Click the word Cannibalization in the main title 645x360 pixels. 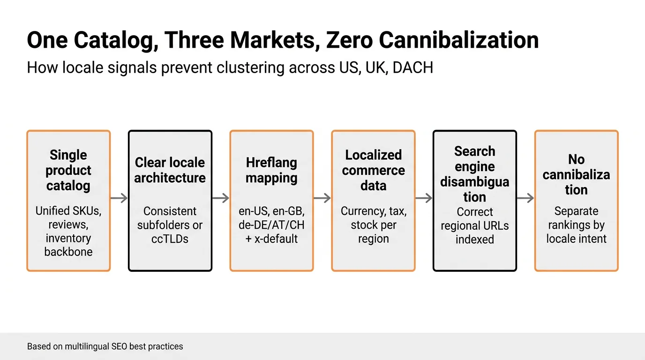[x=459, y=40]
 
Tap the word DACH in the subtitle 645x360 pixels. [x=412, y=67]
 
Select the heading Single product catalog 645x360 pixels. [x=68, y=170]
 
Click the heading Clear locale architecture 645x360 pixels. [x=170, y=170]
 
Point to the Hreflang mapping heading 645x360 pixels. [x=271, y=170]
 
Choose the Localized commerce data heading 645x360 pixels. [x=373, y=170]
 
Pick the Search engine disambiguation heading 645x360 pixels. [x=474, y=174]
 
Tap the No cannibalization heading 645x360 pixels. [x=576, y=174]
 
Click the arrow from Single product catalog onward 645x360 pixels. [x=119, y=198]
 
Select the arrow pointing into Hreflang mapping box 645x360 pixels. [x=221, y=198]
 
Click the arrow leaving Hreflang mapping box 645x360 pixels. [x=322, y=198]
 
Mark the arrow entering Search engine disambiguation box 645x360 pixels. [x=424, y=198]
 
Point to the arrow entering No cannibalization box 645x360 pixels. [x=525, y=198]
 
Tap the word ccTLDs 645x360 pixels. [x=170, y=239]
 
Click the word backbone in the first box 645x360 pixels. [x=68, y=252]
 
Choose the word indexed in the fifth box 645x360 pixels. [x=474, y=239]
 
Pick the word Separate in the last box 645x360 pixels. [x=576, y=211]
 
